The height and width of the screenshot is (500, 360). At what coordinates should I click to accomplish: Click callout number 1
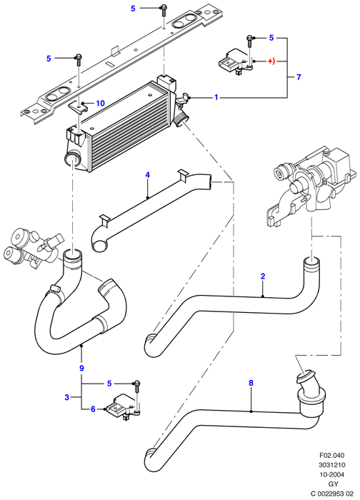216,97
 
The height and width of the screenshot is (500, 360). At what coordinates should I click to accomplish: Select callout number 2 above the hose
263,276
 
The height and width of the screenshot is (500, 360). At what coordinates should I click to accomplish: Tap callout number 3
66,397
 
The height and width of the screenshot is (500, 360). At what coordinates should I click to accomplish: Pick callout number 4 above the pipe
148,175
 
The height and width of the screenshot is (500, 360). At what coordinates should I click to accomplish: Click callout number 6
93,409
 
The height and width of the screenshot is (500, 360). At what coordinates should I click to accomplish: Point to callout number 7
299,77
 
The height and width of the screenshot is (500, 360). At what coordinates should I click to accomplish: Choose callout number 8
251,383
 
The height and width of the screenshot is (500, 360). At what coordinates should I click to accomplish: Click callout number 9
81,369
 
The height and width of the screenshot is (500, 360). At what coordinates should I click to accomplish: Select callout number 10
100,104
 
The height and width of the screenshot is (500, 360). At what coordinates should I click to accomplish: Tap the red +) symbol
271,61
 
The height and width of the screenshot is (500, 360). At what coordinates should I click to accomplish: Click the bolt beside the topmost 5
164,10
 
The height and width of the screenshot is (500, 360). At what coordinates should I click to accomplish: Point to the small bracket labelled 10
79,107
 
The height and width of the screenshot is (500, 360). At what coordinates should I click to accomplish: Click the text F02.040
332,456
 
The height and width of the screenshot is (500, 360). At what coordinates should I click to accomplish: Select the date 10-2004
332,474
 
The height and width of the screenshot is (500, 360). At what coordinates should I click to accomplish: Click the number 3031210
332,465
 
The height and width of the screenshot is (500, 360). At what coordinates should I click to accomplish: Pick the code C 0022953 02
328,494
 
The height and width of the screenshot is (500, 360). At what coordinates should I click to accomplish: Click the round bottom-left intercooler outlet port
73,159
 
